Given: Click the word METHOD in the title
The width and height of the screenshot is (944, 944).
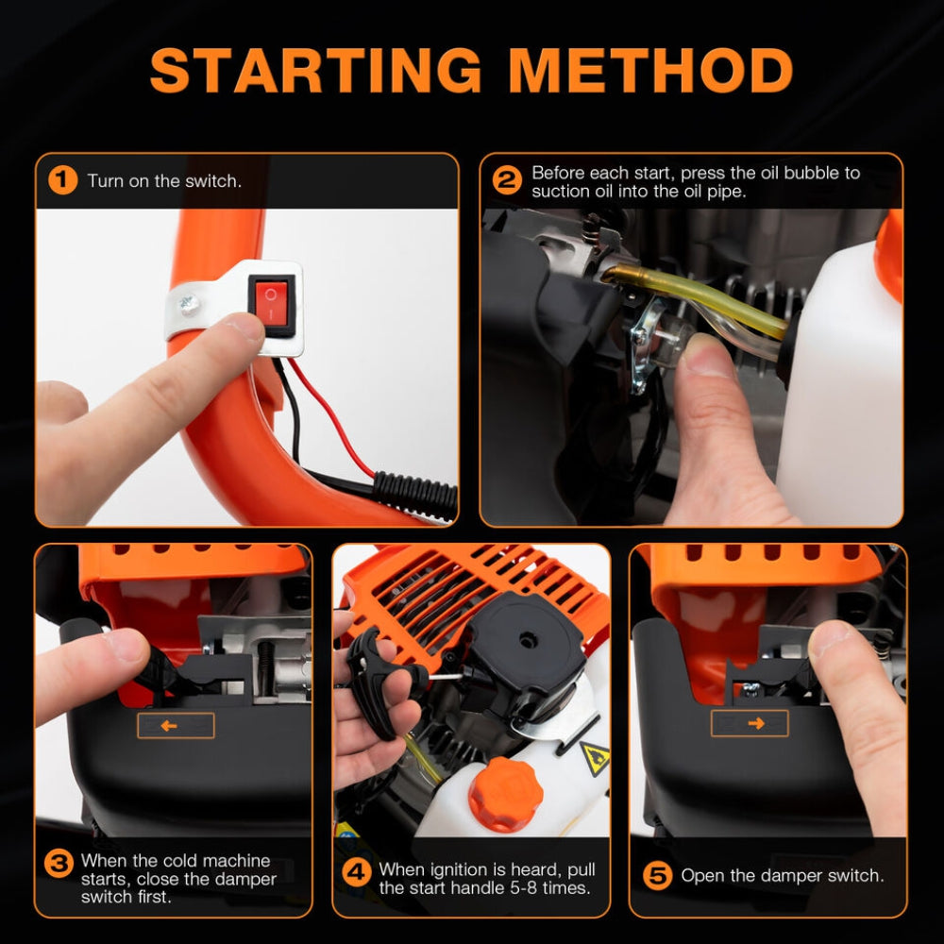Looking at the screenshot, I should tap(650, 70).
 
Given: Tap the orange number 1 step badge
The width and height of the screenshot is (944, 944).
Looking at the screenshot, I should tap(61, 179).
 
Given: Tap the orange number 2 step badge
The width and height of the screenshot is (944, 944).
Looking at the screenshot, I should tap(507, 179).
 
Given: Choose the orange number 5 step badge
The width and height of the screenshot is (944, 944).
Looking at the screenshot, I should tap(658, 875).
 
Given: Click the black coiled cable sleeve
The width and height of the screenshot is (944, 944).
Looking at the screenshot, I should tap(415, 494).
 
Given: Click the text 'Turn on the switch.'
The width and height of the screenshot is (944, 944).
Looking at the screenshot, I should tap(164, 180).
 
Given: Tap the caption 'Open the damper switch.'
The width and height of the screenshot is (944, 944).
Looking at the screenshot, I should tap(783, 875).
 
